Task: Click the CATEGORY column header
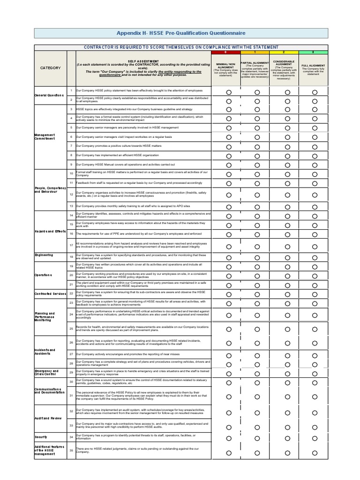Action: (50, 68)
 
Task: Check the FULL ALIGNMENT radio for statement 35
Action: (315, 453)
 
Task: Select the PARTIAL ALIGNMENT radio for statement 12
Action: (257, 195)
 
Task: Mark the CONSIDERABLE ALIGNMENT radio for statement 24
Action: (287, 315)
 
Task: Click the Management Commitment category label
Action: (45, 136)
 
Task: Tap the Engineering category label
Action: (44, 255)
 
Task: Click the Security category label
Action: (41, 436)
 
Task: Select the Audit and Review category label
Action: (48, 418)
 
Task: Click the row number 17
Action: (71, 245)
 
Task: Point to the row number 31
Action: (71, 396)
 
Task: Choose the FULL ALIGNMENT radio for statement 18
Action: (315, 257)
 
